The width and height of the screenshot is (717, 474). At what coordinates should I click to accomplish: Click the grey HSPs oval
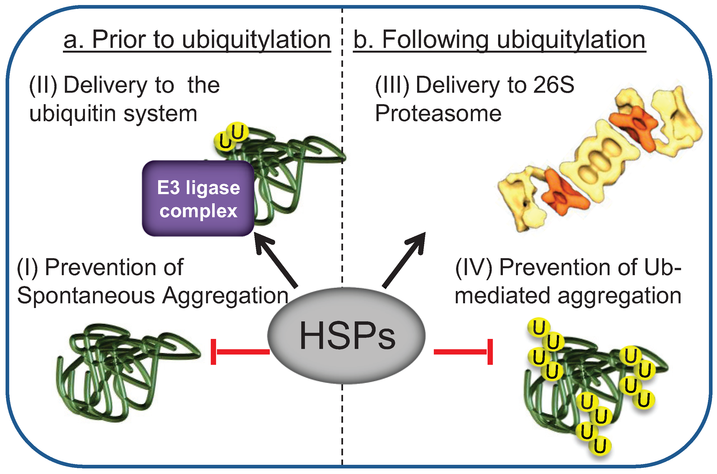click(x=346, y=336)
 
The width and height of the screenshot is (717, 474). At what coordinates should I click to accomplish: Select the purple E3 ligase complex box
click(x=198, y=199)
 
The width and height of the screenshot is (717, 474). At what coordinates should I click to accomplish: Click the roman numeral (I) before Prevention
click(x=27, y=268)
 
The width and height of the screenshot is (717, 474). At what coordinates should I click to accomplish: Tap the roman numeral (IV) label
click(x=473, y=268)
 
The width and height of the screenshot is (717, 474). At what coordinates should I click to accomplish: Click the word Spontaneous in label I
click(x=86, y=296)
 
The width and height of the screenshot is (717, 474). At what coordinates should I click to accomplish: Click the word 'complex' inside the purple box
click(x=198, y=211)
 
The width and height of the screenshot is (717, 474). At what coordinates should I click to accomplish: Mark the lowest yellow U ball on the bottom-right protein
click(x=600, y=446)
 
